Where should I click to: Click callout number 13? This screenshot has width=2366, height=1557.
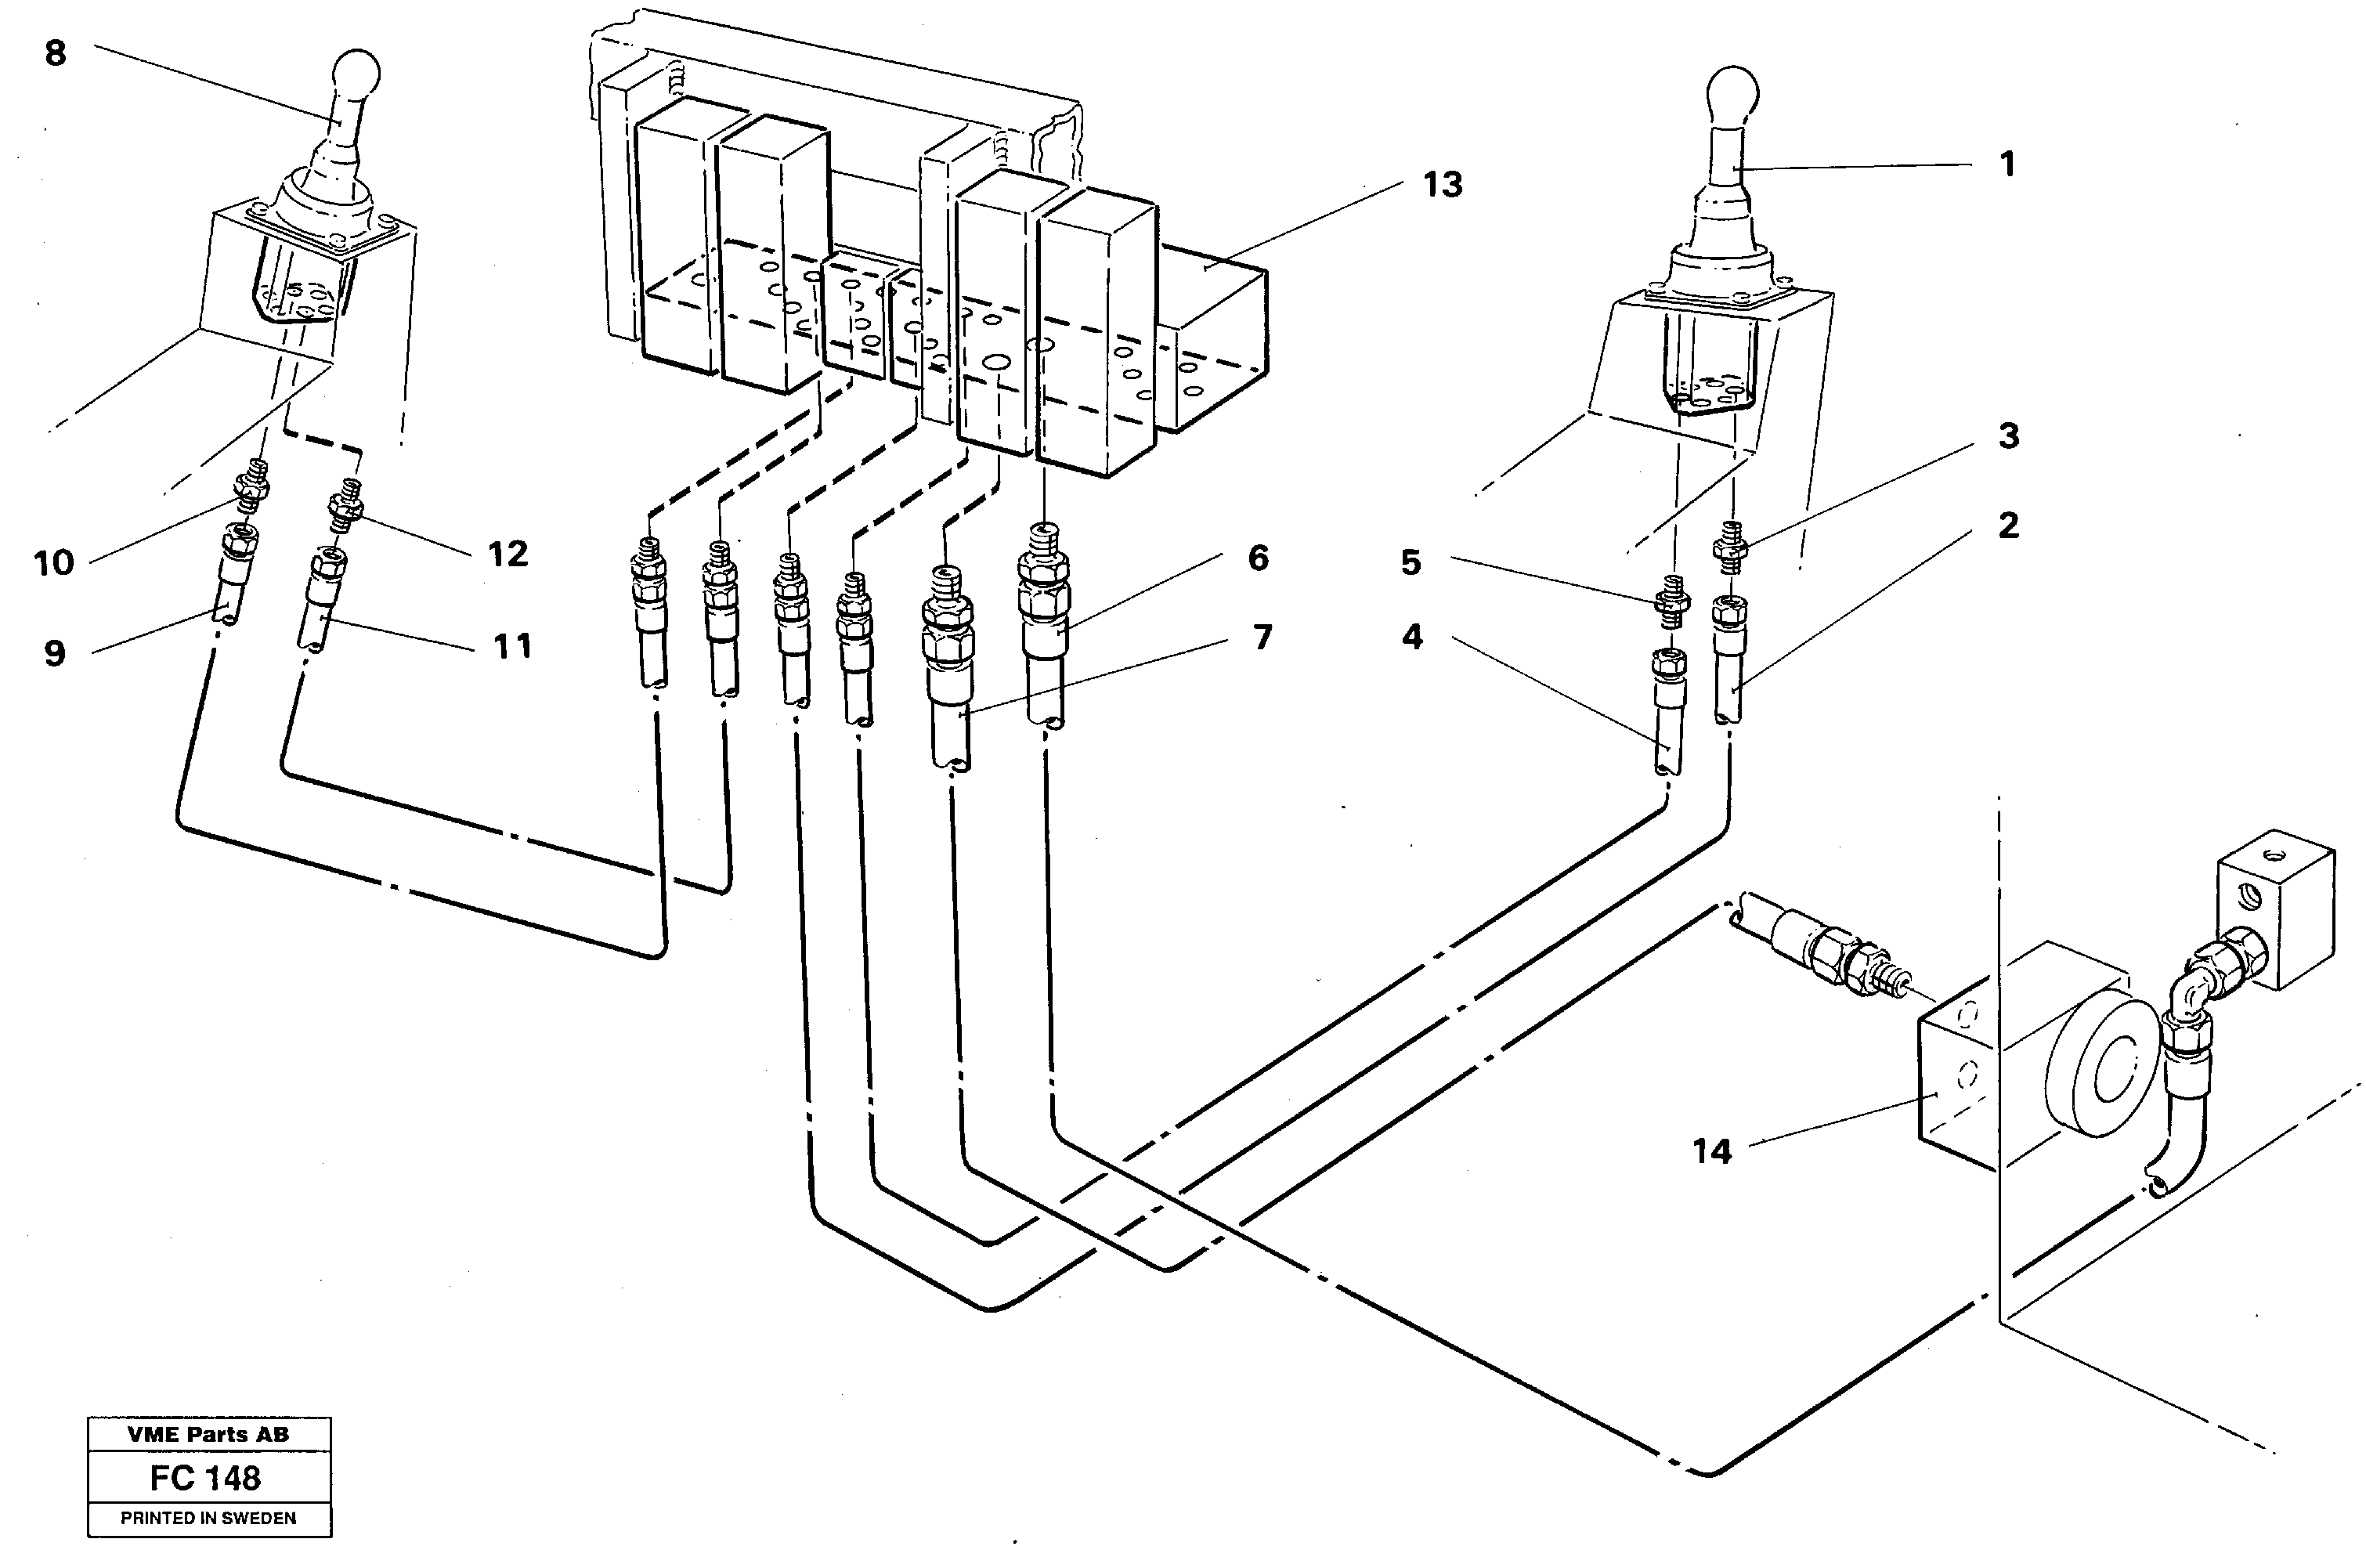click(x=1442, y=185)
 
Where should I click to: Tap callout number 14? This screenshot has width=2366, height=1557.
click(x=1712, y=1151)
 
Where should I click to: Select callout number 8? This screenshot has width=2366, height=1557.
click(x=56, y=52)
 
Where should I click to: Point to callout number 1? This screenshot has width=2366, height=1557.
click(x=2007, y=164)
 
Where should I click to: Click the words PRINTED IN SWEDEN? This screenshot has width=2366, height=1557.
click(x=208, y=1518)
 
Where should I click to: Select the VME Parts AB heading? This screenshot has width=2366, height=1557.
click(x=208, y=1434)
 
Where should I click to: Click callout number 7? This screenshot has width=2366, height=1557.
click(x=1262, y=638)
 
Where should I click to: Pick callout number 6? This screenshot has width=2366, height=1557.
click(x=1259, y=558)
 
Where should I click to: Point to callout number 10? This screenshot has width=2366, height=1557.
click(x=54, y=564)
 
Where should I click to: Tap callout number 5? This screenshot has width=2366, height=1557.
click(x=1411, y=563)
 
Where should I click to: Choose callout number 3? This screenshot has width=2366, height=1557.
click(x=2008, y=435)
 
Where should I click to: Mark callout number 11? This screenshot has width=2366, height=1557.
click(x=512, y=647)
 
